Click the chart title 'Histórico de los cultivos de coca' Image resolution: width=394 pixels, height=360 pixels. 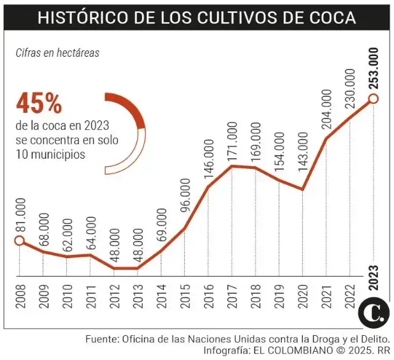(x=196, y=17)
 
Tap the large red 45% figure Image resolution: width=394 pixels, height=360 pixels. (x=39, y=103)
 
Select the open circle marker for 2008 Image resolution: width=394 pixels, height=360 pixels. (x=19, y=240)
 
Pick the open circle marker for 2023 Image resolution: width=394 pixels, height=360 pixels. (x=374, y=98)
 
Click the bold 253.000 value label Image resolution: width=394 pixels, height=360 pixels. (x=374, y=67)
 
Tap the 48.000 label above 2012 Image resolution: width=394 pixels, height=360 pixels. (x=114, y=245)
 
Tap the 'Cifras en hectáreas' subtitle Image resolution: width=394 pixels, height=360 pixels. (x=57, y=53)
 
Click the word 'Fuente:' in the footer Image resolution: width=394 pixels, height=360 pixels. (x=103, y=339)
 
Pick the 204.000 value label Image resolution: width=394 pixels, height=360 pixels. (x=326, y=111)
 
